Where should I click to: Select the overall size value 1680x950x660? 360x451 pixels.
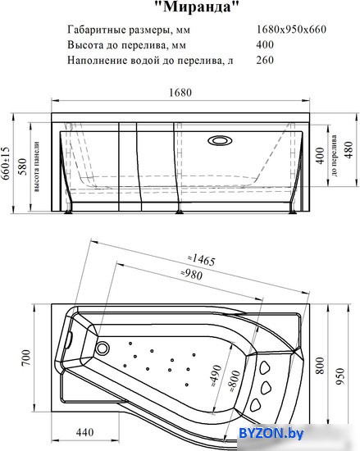(x=291, y=29)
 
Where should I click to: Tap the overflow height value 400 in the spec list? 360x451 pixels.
(x=265, y=44)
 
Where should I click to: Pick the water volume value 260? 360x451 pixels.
(x=265, y=60)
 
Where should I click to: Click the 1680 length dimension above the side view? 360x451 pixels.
(x=180, y=93)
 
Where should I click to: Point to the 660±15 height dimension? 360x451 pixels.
(x=6, y=163)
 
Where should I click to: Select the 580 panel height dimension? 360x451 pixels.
(x=22, y=166)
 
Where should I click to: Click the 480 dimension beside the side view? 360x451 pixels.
(x=349, y=150)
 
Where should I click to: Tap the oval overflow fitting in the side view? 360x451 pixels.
(x=220, y=140)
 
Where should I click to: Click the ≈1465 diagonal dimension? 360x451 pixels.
(x=201, y=259)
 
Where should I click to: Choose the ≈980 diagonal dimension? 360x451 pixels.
(x=192, y=274)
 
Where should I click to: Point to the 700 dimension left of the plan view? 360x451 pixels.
(x=25, y=358)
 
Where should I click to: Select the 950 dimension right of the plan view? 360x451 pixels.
(x=339, y=376)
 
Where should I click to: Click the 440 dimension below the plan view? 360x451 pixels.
(x=84, y=432)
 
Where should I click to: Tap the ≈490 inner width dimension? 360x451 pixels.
(x=216, y=376)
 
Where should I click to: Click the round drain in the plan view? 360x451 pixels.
(x=102, y=348)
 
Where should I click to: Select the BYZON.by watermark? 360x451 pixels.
(x=271, y=433)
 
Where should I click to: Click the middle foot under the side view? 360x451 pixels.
(x=180, y=212)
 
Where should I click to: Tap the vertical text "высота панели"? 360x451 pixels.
(x=37, y=166)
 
